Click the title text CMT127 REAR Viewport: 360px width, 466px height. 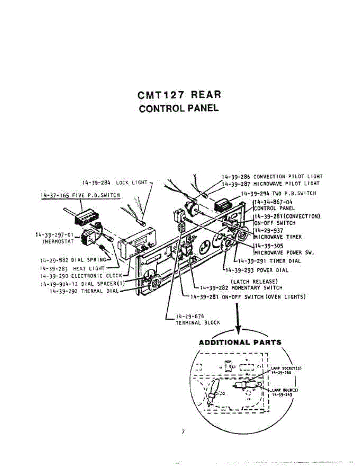(x=179, y=95)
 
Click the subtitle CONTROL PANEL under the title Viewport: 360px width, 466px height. (x=179, y=108)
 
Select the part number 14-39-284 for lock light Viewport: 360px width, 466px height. (x=96, y=182)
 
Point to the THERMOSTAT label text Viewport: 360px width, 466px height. (x=57, y=241)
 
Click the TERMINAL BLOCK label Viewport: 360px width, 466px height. (x=198, y=322)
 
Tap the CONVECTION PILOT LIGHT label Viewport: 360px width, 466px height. (x=288, y=176)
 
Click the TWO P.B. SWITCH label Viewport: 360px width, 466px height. (x=294, y=193)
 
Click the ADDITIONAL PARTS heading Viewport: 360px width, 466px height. (x=240, y=343)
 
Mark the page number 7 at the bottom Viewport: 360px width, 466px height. (x=183, y=432)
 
